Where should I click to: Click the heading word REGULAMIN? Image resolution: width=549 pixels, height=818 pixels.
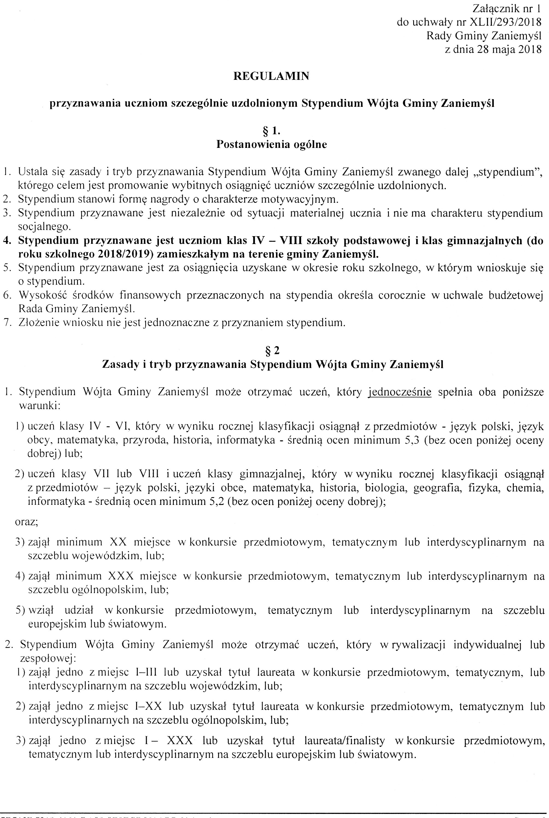[x=271, y=76]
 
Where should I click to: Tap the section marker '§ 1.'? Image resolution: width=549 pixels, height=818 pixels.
[x=271, y=131]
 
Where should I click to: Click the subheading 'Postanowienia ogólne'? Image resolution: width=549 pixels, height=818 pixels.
[x=271, y=144]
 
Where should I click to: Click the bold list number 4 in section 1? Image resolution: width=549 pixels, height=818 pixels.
[x=6, y=241]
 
